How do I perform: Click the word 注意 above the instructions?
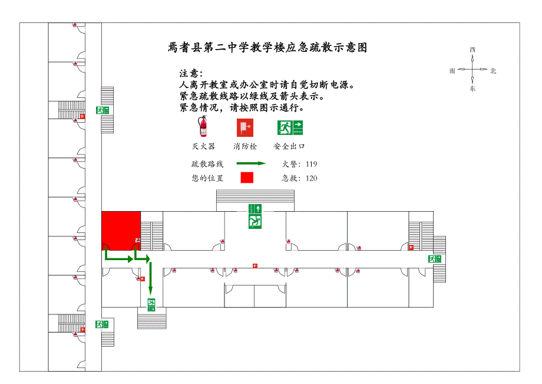(190, 74)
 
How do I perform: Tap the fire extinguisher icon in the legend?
(203, 127)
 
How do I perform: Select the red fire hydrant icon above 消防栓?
(244, 127)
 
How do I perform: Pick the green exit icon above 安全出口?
(289, 127)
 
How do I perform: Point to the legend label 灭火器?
(203, 146)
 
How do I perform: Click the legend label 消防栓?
(245, 146)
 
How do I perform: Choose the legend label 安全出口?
(289, 146)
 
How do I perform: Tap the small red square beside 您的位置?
(246, 178)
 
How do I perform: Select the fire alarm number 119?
(311, 165)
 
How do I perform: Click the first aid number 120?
(311, 178)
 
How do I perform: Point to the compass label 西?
(472, 50)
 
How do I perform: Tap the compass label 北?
(493, 71)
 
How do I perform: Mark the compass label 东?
(472, 89)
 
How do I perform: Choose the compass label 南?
(452, 71)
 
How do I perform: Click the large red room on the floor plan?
(121, 229)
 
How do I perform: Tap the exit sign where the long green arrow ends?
(151, 304)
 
